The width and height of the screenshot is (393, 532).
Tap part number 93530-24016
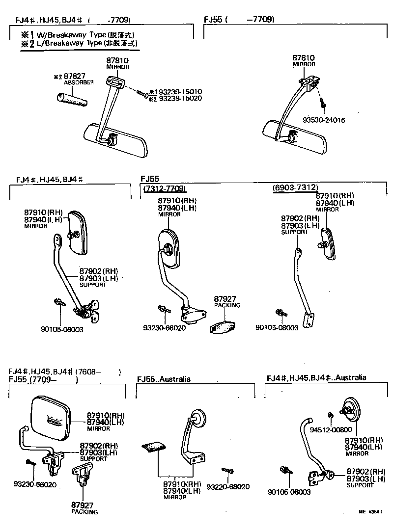pos(323,120)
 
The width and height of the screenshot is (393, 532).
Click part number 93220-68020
pos(228,487)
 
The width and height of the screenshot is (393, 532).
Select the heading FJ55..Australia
pos(164,379)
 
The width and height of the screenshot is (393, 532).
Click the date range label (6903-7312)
pos(295,188)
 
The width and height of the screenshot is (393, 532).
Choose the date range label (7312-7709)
pos(165,189)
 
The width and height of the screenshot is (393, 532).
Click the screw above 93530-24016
pos(322,103)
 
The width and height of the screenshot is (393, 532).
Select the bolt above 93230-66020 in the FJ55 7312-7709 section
pos(163,309)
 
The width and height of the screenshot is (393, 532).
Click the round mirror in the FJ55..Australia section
pos(198,417)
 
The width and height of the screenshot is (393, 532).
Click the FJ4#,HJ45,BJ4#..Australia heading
pos(316,378)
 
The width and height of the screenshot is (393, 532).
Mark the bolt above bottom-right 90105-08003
pos(284,471)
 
